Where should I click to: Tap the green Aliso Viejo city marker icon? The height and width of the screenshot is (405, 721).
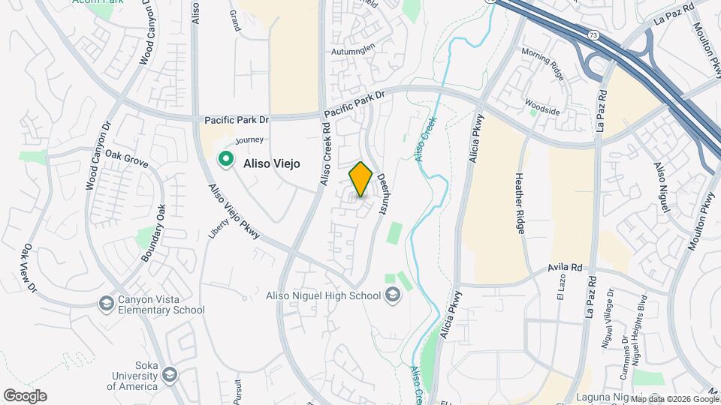tap(225, 159)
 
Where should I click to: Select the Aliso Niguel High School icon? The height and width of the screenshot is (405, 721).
tap(391, 295)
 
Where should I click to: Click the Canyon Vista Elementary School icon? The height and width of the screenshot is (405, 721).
tap(106, 303)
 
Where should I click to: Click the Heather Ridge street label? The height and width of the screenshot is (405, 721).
tap(520, 203)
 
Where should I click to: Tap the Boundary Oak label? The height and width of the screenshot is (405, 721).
tap(151, 232)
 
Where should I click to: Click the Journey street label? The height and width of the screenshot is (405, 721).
tap(249, 140)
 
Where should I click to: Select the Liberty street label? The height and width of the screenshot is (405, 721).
tap(213, 229)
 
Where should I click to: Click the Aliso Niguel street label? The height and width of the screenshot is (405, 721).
tap(660, 187)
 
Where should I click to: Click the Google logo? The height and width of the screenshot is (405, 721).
tap(25, 396)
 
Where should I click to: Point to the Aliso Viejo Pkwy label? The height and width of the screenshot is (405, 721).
tap(234, 213)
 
